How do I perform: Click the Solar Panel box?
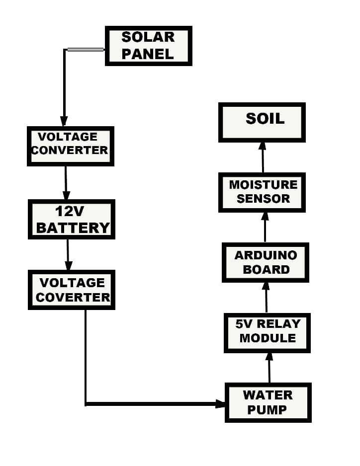[x=148, y=46]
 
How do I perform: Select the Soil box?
[x=262, y=122]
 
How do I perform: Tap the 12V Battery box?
[x=72, y=219]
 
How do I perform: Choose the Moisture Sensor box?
[x=262, y=192]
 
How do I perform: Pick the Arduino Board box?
[x=266, y=262]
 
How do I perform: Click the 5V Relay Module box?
[x=267, y=332]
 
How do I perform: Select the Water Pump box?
[x=268, y=402]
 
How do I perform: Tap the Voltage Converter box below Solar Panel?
[x=70, y=146]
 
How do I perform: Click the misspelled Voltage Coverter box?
[x=72, y=290]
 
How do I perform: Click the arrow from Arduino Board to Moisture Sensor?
[x=265, y=228]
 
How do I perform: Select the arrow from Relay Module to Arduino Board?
[x=266, y=298]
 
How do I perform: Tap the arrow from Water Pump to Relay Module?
[x=269, y=368]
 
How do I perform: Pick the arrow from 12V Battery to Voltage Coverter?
[x=69, y=255]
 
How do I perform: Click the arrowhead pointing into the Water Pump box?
[x=221, y=403]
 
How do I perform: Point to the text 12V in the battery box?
[x=71, y=212]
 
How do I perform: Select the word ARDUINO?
[x=266, y=255]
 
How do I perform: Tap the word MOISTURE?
[x=263, y=185]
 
